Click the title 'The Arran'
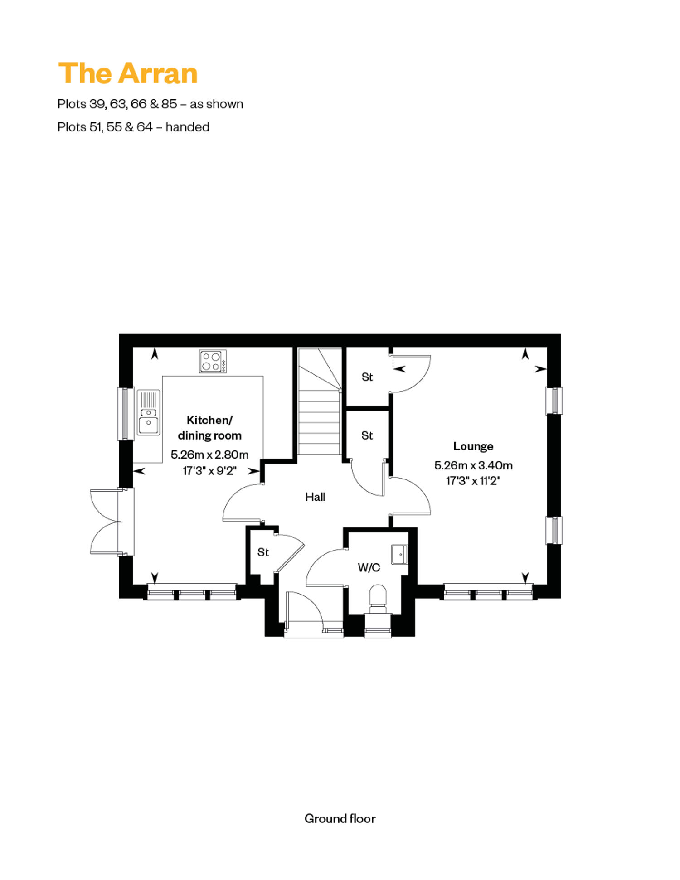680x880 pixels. (128, 73)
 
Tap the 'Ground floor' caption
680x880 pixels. (340, 818)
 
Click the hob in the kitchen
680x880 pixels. (213, 361)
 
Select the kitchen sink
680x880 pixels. (149, 413)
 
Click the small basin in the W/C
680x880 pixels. (399, 554)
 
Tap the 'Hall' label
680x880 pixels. (315, 497)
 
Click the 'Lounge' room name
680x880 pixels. (473, 446)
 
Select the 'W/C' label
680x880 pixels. (369, 567)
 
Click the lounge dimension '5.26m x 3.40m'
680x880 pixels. (473, 465)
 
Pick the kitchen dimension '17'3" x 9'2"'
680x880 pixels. (209, 471)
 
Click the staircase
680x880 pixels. (319, 401)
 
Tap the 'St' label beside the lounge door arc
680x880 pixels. (367, 377)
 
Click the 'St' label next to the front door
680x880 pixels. (263, 552)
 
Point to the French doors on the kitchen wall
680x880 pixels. (112, 522)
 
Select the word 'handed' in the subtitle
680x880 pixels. (187, 127)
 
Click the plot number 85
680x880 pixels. (169, 104)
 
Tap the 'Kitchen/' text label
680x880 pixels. (209, 421)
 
